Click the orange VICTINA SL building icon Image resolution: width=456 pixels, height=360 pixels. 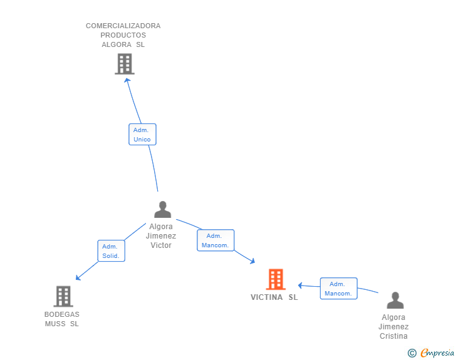(276, 279)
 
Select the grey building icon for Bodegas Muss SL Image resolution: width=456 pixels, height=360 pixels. (63, 296)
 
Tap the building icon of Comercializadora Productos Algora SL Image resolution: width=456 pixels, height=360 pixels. (124, 64)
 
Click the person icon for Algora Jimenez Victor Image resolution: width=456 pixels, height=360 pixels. (162, 209)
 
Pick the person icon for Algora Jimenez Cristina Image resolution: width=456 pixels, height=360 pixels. (395, 301)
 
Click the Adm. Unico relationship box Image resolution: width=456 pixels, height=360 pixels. (142, 135)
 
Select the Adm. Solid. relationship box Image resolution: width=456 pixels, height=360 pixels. (111, 251)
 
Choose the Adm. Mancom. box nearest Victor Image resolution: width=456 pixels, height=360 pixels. (215, 240)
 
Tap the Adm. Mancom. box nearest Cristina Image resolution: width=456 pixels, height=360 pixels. (338, 289)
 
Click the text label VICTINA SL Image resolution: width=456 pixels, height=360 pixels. (274, 297)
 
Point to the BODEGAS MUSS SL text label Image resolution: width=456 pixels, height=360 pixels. (61, 319)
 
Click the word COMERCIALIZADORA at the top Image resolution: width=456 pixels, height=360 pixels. (123, 26)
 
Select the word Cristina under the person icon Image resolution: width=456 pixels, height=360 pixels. (393, 336)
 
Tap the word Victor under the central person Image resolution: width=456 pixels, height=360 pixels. (161, 245)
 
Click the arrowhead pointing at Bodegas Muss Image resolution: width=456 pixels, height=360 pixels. (78, 278)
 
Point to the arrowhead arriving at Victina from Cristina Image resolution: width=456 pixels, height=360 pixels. (301, 285)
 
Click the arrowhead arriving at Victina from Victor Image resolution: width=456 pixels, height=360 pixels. (252, 261)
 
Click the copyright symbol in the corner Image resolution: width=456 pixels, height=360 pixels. (412, 353)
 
